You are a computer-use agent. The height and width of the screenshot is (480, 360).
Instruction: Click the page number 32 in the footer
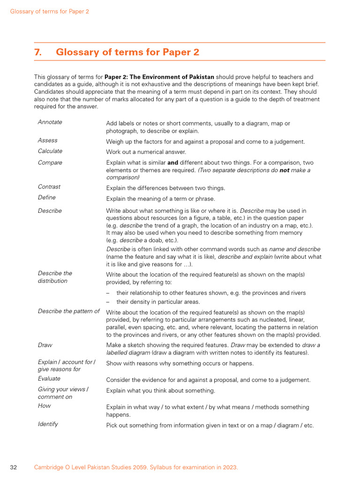tap(14, 467)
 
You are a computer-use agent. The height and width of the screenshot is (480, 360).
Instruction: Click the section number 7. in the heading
tap(38, 52)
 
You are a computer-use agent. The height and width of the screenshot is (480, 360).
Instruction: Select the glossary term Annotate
tap(50, 122)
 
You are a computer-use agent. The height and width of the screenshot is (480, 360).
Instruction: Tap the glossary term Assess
tap(48, 140)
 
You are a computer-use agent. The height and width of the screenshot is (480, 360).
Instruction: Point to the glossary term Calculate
tap(50, 151)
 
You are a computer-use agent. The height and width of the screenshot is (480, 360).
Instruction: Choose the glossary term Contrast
tap(49, 187)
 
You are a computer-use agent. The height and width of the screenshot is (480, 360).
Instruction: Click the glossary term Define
tap(47, 197)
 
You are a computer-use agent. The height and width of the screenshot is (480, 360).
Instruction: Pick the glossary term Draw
tap(45, 345)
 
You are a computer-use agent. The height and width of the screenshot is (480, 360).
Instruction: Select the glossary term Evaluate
tap(49, 378)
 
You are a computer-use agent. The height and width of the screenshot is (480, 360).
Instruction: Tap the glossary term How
tap(45, 405)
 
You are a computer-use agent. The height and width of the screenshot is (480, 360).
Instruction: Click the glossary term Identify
tap(48, 424)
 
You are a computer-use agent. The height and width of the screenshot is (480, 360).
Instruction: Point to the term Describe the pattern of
tap(69, 311)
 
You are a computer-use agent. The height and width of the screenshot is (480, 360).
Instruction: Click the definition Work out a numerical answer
tap(146, 152)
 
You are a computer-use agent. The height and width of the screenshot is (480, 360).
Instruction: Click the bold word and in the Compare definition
tap(173, 163)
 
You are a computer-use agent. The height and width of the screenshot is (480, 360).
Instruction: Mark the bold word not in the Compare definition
tap(284, 171)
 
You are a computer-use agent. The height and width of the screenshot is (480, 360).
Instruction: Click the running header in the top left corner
tap(50, 11)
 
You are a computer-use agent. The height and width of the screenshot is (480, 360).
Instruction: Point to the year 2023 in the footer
tap(229, 467)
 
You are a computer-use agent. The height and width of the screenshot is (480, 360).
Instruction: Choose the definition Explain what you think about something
tap(160, 390)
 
